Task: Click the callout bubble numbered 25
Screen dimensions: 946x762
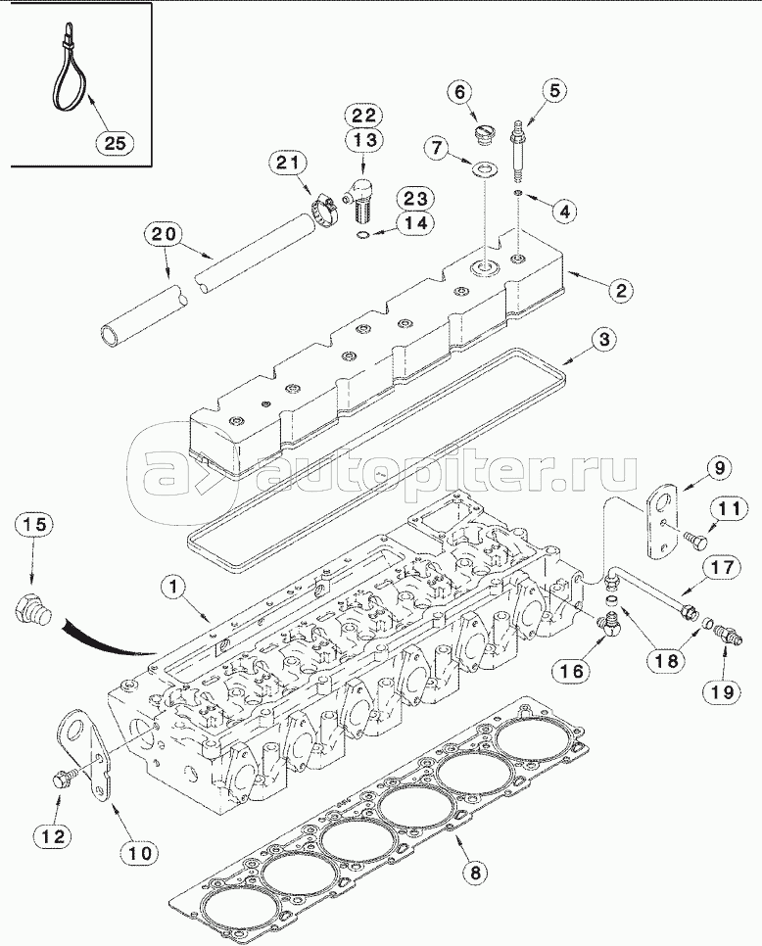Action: point(116,143)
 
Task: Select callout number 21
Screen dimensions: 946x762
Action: point(291,164)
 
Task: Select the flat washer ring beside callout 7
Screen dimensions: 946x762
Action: point(484,172)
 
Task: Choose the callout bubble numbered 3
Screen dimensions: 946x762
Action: point(605,340)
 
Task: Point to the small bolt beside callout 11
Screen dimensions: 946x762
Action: point(698,538)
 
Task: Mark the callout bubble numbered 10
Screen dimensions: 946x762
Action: point(141,853)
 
